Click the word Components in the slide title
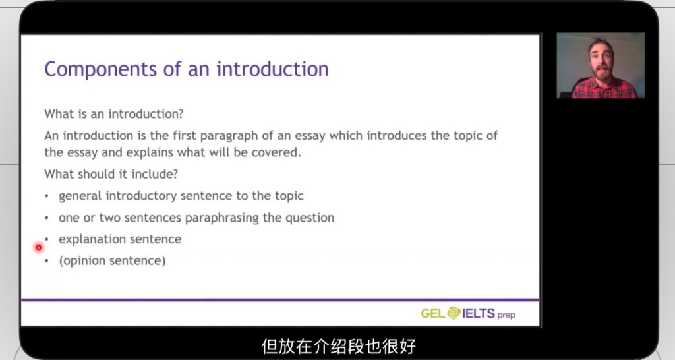pyautogui.click(x=101, y=69)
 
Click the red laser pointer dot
pyautogui.click(x=39, y=247)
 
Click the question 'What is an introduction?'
pyautogui.click(x=113, y=114)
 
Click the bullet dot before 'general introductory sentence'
pyautogui.click(x=47, y=196)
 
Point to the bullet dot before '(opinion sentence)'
pyautogui.click(x=47, y=261)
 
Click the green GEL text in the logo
pyautogui.click(x=433, y=313)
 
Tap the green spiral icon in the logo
pyautogui.click(x=454, y=313)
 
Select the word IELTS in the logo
pyautogui.click(x=479, y=313)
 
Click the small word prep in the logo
pyautogui.click(x=506, y=315)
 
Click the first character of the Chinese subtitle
pyautogui.click(x=269, y=346)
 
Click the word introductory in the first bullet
pyautogui.click(x=141, y=196)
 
